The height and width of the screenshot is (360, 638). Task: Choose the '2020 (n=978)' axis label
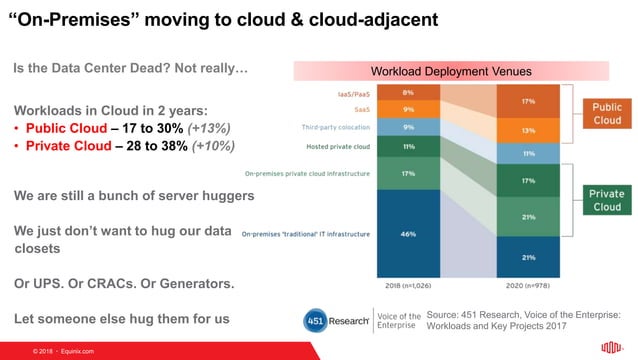point(528,284)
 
